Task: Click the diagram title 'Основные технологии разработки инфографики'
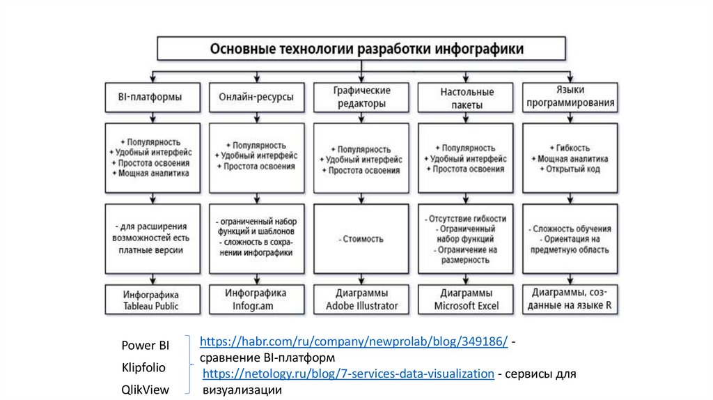coord(361,49)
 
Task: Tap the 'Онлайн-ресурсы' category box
coord(256,97)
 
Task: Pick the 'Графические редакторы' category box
coord(361,97)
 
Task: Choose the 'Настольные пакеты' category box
coord(467,97)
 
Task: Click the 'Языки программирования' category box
coord(570,97)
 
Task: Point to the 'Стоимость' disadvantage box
coord(361,238)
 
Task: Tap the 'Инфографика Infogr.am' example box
coord(256,300)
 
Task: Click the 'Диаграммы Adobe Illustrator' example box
coord(361,300)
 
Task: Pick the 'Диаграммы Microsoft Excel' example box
coord(466,300)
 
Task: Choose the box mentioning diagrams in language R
coord(570,300)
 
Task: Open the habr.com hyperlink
coord(353,342)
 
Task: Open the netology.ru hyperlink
coord(348,374)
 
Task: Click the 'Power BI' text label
coord(145,345)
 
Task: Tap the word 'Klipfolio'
coord(144,367)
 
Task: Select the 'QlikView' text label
coord(145,390)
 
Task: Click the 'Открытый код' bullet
coord(573,169)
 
